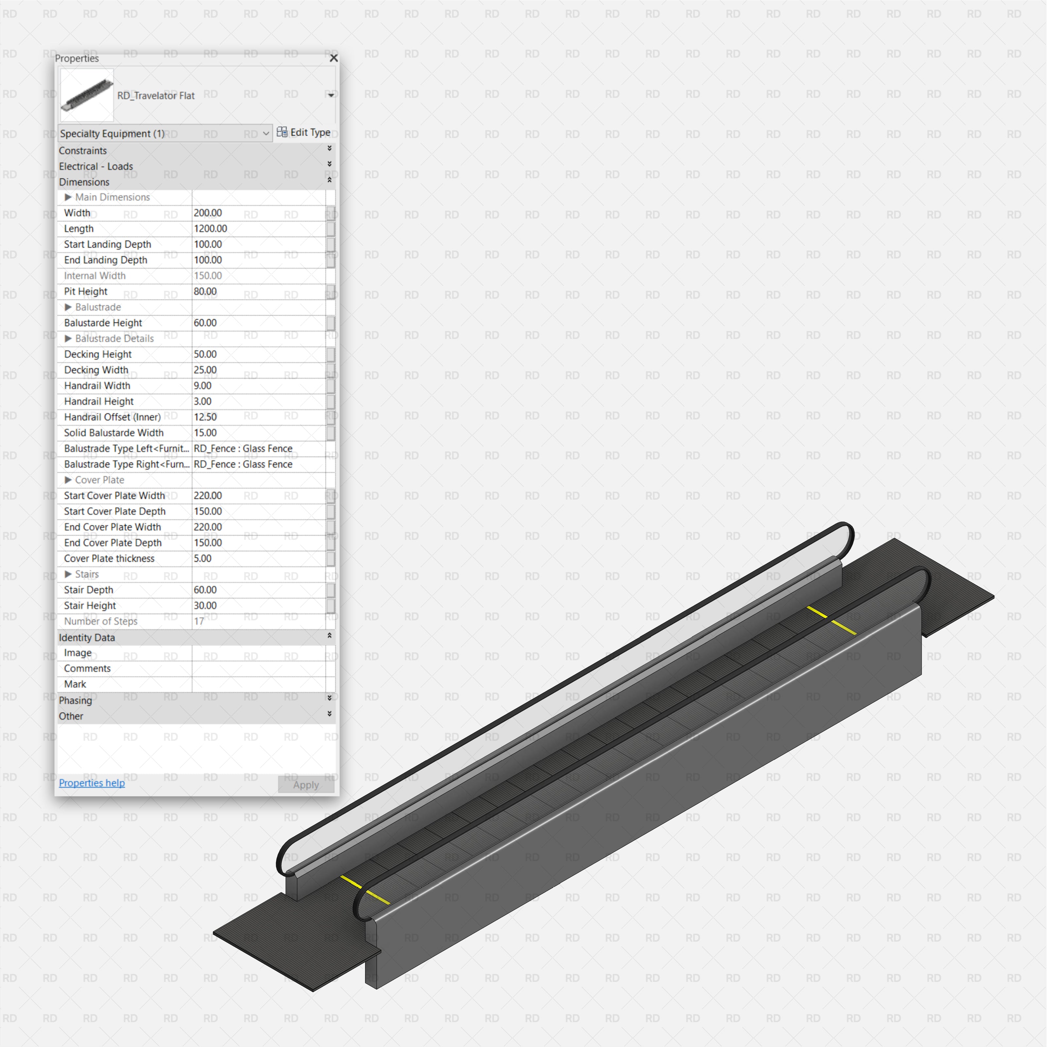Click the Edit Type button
tap(304, 132)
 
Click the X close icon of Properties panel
tap(334, 58)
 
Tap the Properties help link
tap(92, 783)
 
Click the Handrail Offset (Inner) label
tap(112, 417)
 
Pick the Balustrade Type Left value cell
tap(243, 449)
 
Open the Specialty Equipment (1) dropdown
tap(164, 133)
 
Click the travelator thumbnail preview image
tap(87, 95)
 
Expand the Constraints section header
tap(83, 151)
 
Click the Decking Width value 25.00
tap(205, 370)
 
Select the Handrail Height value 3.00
tap(203, 401)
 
